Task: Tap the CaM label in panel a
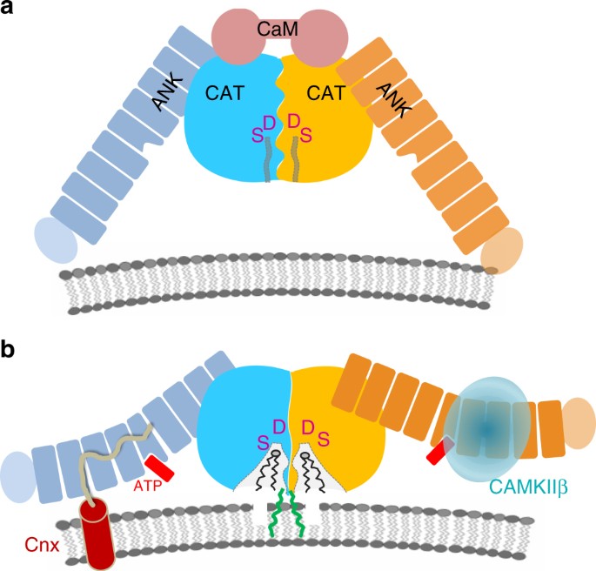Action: [280, 29]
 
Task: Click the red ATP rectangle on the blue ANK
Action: [159, 467]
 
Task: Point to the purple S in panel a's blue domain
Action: [256, 134]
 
